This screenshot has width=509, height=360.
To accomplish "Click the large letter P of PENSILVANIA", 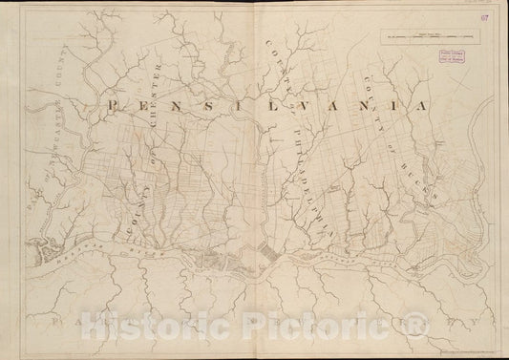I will click(116, 105).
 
